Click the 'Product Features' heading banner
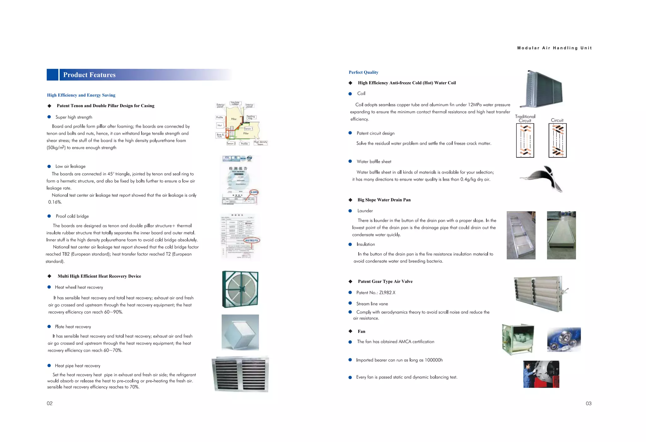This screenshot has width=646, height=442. click(89, 75)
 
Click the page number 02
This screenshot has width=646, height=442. click(50, 403)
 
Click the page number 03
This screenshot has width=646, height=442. click(588, 403)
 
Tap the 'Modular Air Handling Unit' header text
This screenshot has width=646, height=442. click(554, 48)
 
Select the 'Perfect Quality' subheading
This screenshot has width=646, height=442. click(363, 72)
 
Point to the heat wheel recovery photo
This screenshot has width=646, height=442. click(240, 289)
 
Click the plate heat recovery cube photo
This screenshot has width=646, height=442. click(240, 332)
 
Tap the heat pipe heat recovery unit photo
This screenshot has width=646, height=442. click(240, 374)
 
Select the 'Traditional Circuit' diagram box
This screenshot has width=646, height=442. click(525, 140)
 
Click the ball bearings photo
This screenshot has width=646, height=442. click(564, 340)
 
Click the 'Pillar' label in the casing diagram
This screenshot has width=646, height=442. click(234, 119)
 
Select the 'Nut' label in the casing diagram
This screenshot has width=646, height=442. click(220, 125)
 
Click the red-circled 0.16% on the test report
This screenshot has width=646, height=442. click(254, 192)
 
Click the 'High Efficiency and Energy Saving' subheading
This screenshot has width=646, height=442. click(81, 95)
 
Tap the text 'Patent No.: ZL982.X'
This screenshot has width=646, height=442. click(376, 293)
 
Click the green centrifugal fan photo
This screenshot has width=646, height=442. click(518, 339)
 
